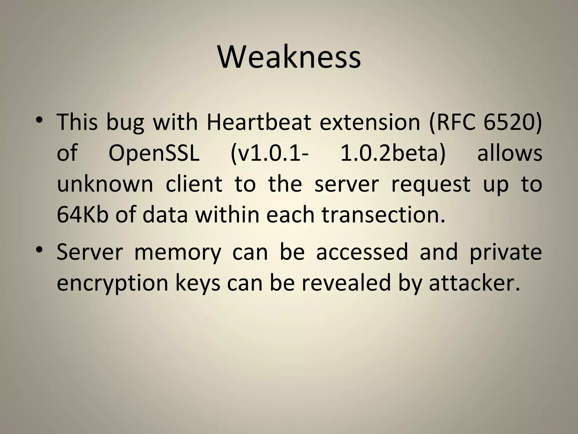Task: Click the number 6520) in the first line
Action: point(513,122)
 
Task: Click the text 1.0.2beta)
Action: point(393,153)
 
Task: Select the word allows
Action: point(509,153)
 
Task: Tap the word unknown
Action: point(105,184)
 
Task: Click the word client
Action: point(194,184)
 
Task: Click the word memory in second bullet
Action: point(178,252)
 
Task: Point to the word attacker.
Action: point(474,283)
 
